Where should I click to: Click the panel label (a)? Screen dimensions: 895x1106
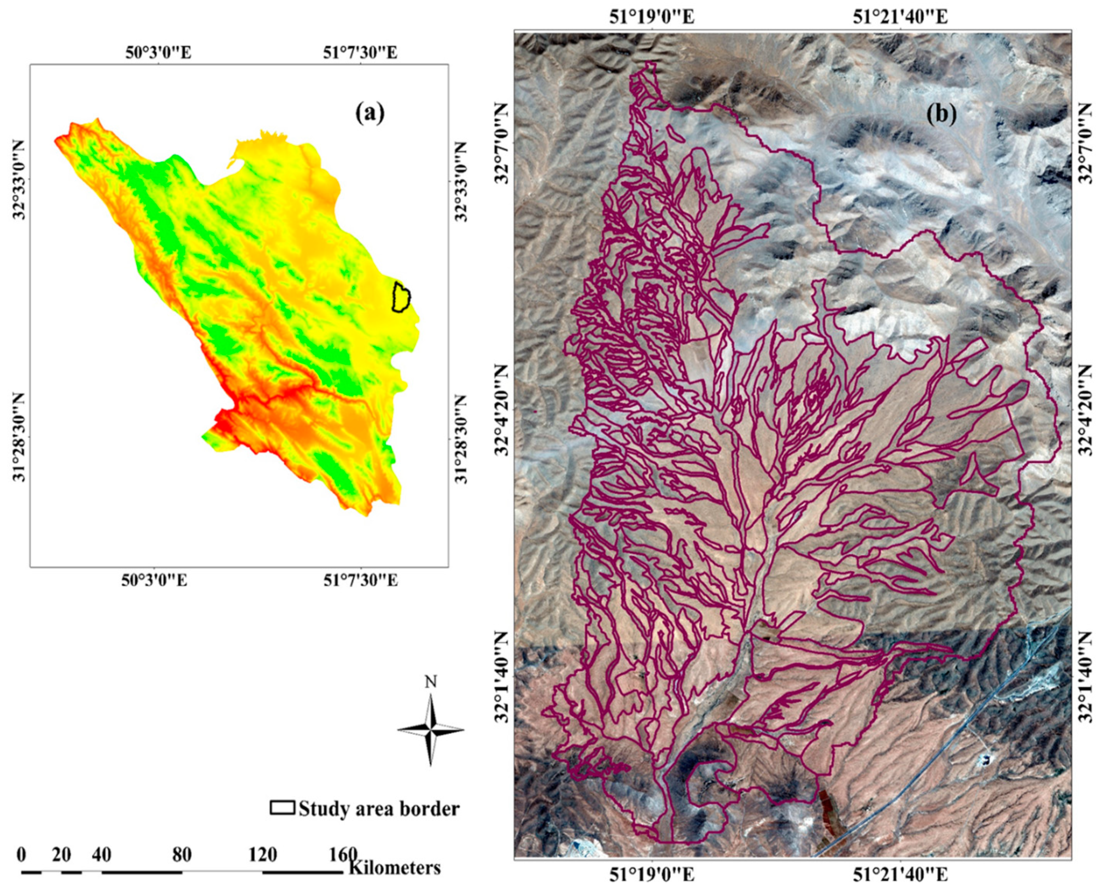pos(370,113)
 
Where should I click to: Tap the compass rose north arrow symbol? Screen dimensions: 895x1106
pos(431,729)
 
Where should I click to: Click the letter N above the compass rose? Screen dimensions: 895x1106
pos(431,682)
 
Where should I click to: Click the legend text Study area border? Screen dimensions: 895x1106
pos(379,808)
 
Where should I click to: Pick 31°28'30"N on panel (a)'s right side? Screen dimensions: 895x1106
pos(460,439)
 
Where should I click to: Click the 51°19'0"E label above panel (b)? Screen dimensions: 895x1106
pos(652,17)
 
